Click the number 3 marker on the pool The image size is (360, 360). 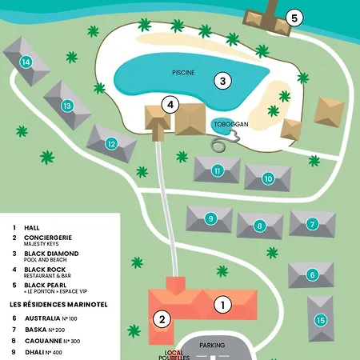click(222, 81)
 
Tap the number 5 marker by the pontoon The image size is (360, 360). click(294, 18)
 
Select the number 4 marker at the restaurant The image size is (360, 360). click(170, 105)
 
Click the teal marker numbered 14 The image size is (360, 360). click(26, 62)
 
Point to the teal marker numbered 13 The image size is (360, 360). click(67, 106)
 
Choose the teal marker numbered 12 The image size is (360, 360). click(111, 144)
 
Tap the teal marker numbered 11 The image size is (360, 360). click(218, 170)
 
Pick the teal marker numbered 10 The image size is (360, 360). click(268, 178)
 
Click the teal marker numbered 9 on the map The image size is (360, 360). click(211, 218)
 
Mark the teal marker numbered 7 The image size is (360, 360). click(312, 224)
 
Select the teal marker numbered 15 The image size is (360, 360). click(321, 320)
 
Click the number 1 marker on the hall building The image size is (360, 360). click(222, 305)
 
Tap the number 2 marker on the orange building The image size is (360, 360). click(162, 319)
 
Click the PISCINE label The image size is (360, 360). click(183, 73)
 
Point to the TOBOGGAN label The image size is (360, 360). click(231, 124)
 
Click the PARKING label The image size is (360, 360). click(212, 346)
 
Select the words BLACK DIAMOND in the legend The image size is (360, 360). click(51, 254)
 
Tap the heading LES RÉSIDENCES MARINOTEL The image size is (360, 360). click(58, 305)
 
